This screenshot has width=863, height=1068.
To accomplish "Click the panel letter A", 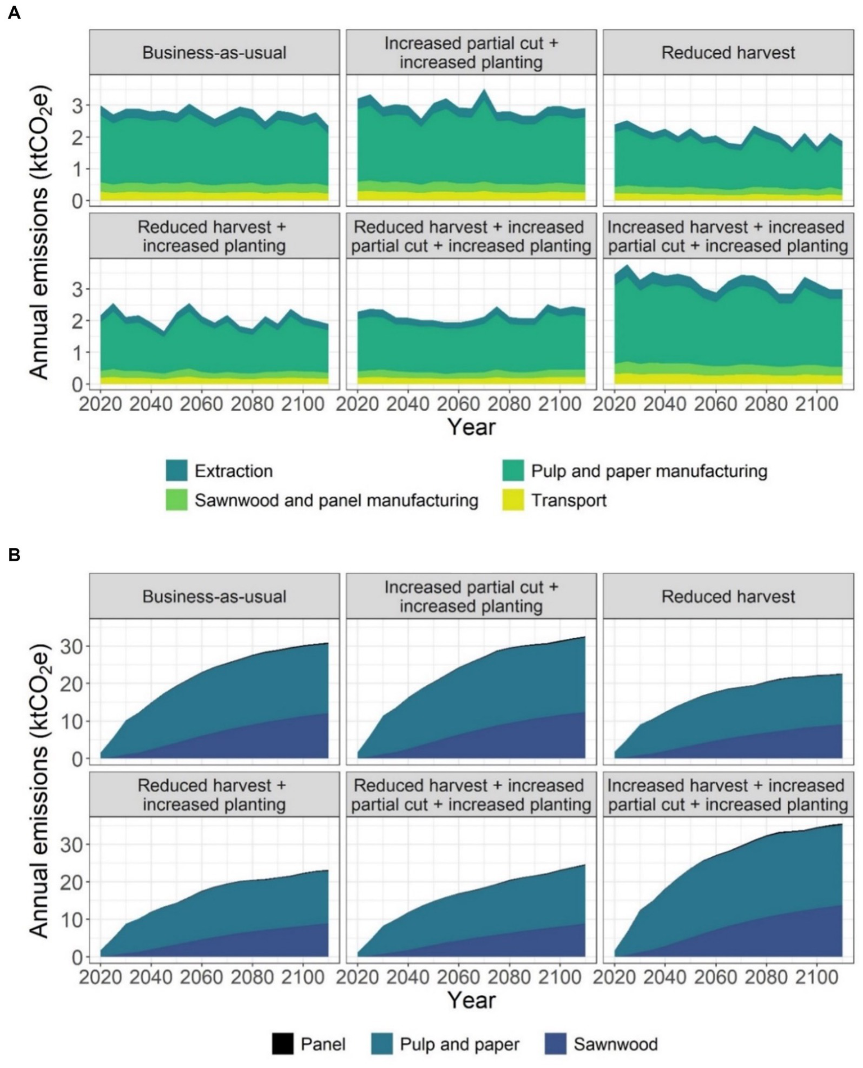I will click(x=14, y=12).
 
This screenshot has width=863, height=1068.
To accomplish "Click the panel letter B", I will click(x=14, y=555).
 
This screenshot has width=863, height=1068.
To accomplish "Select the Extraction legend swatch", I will click(x=176, y=471).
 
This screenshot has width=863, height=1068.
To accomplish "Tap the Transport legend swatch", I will click(x=512, y=500).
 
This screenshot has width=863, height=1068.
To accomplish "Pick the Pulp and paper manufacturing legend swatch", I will click(x=512, y=471).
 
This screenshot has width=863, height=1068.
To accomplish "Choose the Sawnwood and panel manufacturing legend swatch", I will click(x=176, y=500).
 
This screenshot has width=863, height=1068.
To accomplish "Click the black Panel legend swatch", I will click(x=282, y=1044).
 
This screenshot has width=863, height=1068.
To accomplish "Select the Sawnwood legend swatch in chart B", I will click(x=555, y=1044).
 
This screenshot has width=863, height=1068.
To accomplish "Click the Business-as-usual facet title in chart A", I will click(x=214, y=53).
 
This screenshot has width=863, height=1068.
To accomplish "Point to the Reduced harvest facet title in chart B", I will click(x=728, y=597).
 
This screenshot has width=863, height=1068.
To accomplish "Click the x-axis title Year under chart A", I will click(x=471, y=428).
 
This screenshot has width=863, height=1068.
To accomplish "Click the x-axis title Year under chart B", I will click(x=471, y=1001).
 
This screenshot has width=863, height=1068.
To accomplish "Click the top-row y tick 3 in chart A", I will click(x=78, y=106).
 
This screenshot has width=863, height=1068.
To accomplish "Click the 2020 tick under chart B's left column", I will click(x=101, y=977).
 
